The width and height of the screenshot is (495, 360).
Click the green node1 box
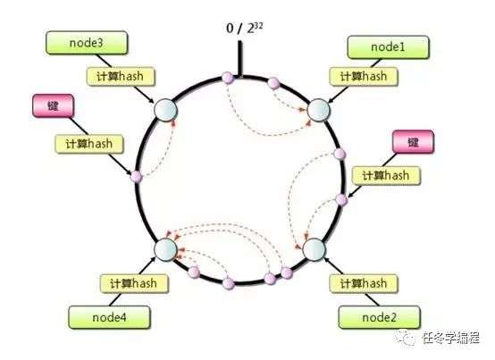point(388,47)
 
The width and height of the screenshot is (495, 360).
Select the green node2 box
point(379,317)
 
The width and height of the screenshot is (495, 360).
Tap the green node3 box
point(87,43)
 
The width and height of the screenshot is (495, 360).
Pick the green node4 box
point(109,317)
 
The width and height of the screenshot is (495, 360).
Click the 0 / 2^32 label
point(244,28)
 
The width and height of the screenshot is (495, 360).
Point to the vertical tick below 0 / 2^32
point(240,59)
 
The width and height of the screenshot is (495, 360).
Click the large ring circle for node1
point(318,110)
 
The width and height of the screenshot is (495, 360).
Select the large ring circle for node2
point(315,249)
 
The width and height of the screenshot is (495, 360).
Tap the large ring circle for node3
point(165,110)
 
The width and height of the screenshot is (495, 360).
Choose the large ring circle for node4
point(165,249)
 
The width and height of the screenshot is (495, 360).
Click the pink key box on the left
point(53,105)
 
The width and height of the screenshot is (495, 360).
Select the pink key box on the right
point(413,142)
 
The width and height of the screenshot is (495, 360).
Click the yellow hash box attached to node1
point(364,76)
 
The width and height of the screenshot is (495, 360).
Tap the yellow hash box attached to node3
point(121,76)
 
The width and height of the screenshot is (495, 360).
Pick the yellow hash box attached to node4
point(134,283)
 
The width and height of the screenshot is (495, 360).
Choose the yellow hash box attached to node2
point(364,283)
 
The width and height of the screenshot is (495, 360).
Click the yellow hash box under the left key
point(89,144)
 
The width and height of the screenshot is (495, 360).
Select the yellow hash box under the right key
point(386,175)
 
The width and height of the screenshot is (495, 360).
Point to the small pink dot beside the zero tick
point(227,78)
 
